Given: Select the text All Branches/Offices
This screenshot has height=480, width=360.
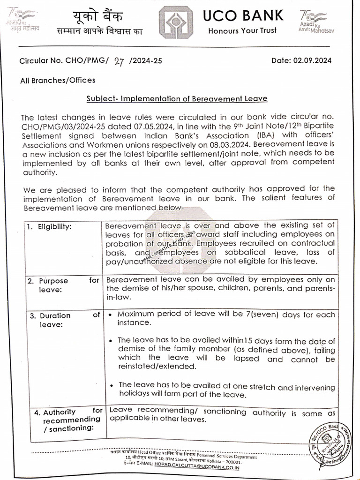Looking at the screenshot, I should click(x=58, y=80).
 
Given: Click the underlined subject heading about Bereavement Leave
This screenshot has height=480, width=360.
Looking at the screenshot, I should click(x=177, y=98).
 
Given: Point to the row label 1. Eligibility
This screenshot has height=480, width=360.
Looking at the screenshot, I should click(x=49, y=227).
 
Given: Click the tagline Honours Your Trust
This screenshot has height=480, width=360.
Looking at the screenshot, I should click(x=242, y=31).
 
